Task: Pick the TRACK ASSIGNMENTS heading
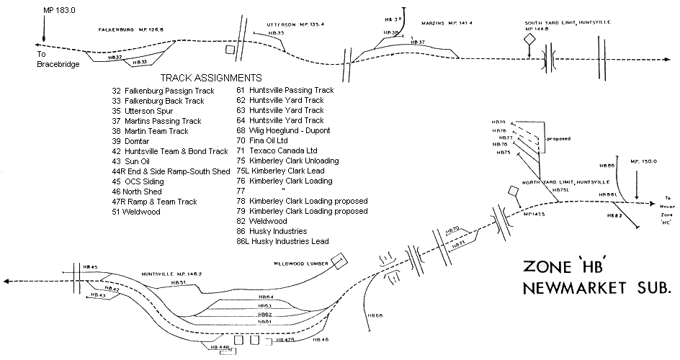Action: [x=210, y=77]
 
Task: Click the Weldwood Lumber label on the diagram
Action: [x=296, y=264]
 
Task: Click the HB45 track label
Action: [x=90, y=267]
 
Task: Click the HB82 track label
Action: [x=614, y=215]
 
